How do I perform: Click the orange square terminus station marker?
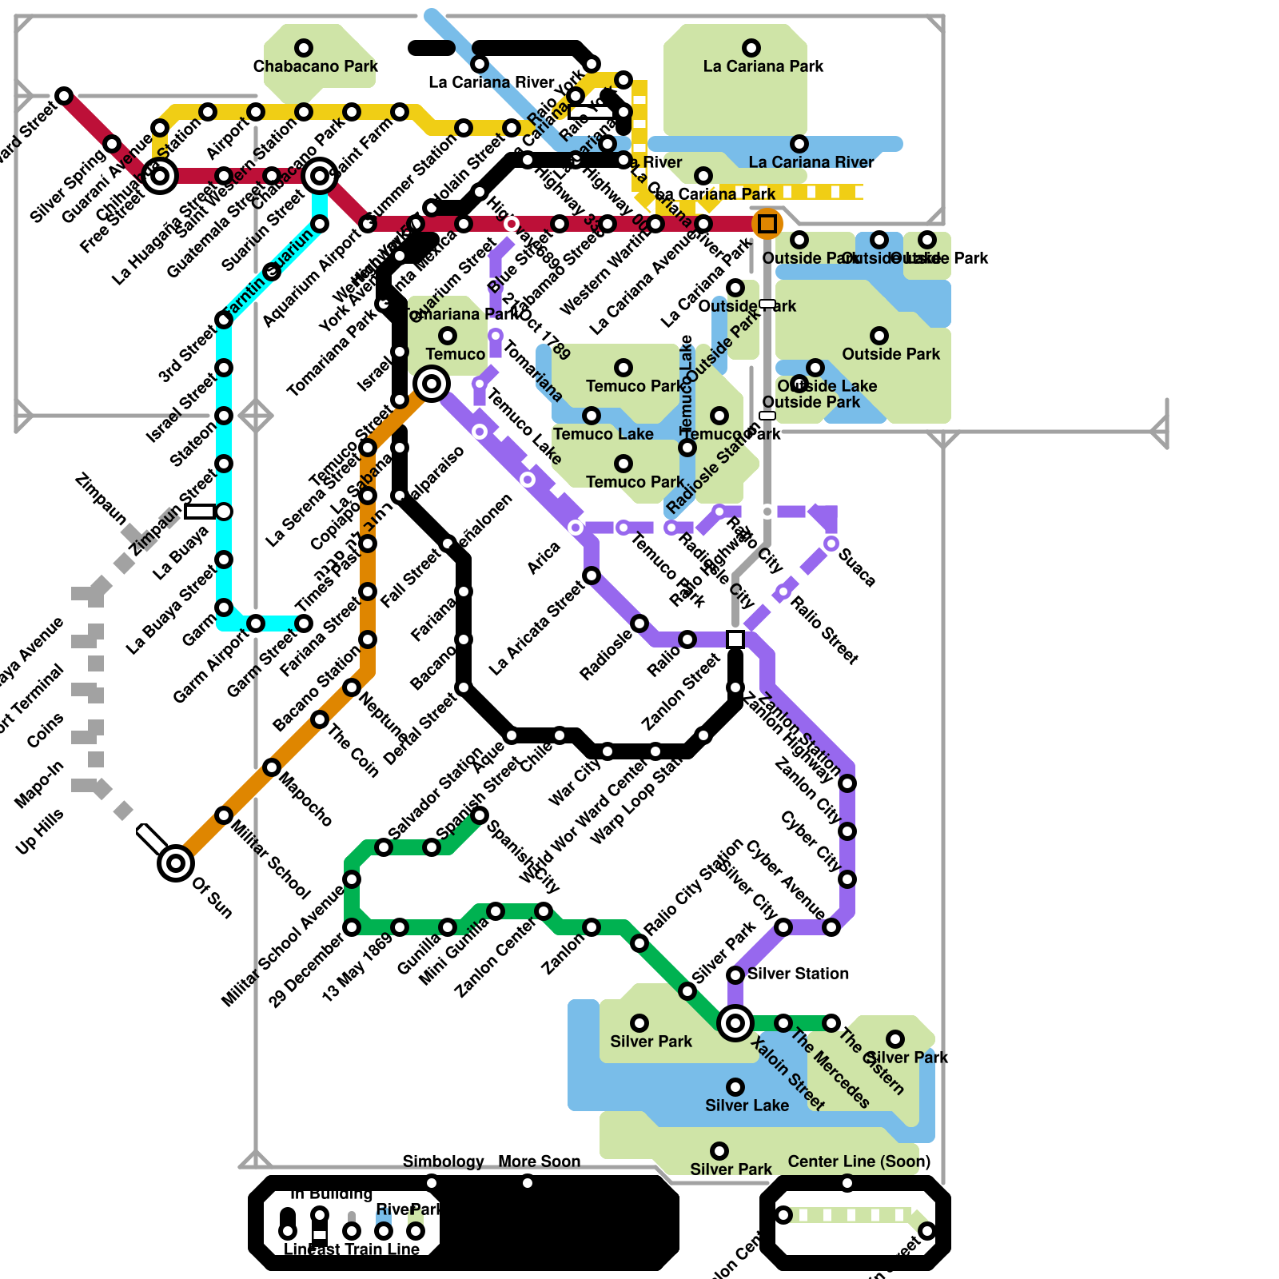click(x=767, y=225)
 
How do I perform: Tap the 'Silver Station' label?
click(x=798, y=974)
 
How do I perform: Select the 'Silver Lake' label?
click(x=747, y=1106)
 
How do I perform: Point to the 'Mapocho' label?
click(x=305, y=799)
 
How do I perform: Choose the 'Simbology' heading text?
click(x=443, y=1161)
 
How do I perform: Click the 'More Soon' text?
click(x=539, y=1161)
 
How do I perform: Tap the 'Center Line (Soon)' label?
click(x=859, y=1161)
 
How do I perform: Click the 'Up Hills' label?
click(x=39, y=832)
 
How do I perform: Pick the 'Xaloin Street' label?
click(x=788, y=1074)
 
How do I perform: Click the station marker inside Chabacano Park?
click(x=304, y=48)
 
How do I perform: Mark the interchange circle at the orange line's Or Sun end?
click(x=176, y=863)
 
